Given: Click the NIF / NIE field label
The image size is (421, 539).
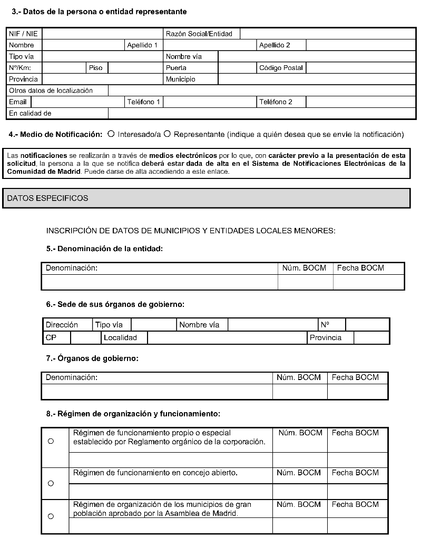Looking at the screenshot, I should (x=23, y=34).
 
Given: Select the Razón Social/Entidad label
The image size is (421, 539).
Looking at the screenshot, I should (x=199, y=34).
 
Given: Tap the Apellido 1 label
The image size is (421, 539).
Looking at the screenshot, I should (x=142, y=45).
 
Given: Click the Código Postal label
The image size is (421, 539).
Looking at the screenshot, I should (x=281, y=68).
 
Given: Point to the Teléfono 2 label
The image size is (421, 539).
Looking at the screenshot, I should (x=276, y=102).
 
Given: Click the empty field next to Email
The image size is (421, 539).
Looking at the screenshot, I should (x=77, y=102).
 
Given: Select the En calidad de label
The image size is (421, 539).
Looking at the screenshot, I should (x=30, y=113).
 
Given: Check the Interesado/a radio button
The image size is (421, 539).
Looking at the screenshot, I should (x=111, y=134).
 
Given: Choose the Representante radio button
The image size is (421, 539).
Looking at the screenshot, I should (x=167, y=134).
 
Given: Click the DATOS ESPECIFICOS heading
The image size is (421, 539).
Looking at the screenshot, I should (x=48, y=198).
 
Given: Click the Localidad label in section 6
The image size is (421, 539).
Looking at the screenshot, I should (x=120, y=337).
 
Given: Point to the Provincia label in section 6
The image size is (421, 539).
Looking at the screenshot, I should (x=325, y=337).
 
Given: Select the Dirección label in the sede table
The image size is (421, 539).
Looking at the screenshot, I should (x=62, y=325).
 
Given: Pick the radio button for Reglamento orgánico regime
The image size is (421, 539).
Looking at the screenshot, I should (x=51, y=441).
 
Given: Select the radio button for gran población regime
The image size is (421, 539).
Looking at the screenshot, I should (x=51, y=516).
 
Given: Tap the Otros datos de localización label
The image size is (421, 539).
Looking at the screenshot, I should (x=51, y=91).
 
